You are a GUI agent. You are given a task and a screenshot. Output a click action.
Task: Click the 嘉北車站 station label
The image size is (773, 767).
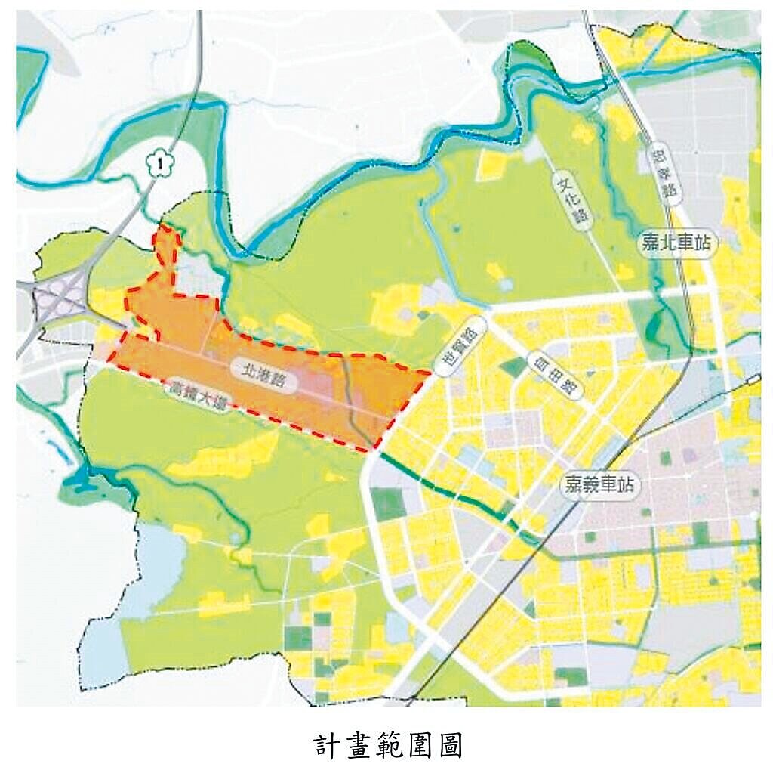(x=676, y=243)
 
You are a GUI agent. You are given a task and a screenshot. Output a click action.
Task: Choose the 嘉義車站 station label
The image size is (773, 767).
(x=601, y=484)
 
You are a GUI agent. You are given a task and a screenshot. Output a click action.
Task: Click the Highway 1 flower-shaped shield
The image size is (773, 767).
(x=158, y=163)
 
